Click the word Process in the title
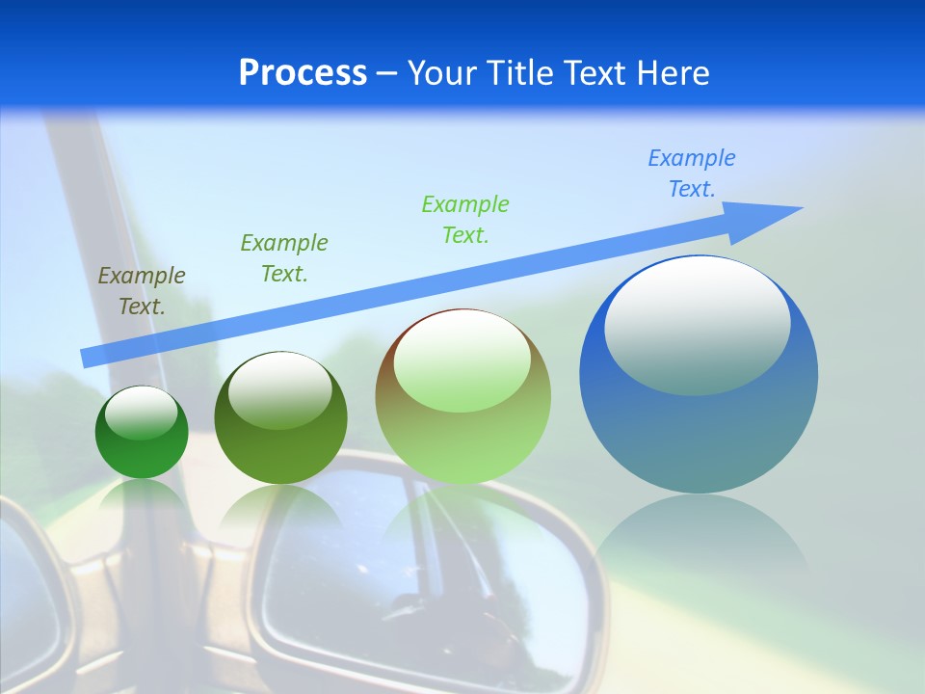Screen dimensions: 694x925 303,73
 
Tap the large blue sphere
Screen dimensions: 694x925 699,434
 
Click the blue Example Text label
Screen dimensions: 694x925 691,173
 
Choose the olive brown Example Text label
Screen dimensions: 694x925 142,291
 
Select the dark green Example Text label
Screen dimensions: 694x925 284,258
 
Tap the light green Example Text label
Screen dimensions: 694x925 465,220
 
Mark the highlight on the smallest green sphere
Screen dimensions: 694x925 141,413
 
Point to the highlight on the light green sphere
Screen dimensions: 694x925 462,361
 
